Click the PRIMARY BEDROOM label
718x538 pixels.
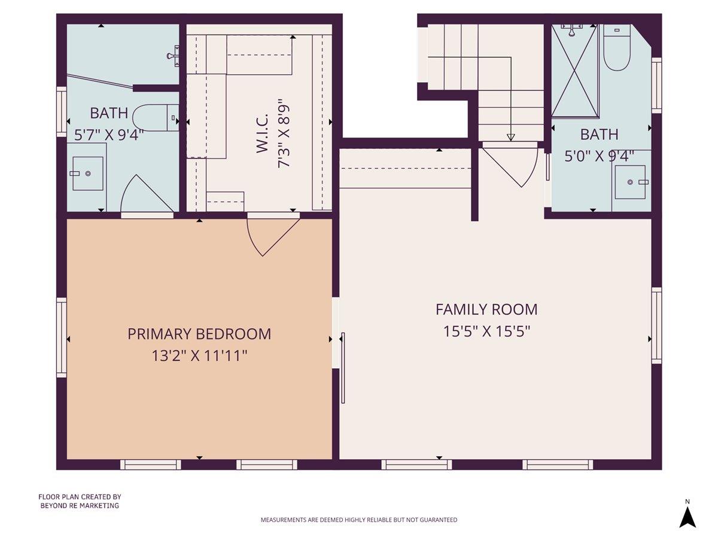click(199, 334)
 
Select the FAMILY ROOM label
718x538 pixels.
click(486, 310)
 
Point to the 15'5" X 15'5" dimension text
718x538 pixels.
click(486, 331)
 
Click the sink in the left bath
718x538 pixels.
click(87, 173)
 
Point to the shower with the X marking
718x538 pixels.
click(574, 71)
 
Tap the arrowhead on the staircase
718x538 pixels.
click(510, 137)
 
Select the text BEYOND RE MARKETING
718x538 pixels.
click(80, 506)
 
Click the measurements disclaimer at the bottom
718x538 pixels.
click(359, 520)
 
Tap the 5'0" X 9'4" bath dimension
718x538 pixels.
click(600, 156)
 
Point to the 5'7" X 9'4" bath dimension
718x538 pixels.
click(109, 135)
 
